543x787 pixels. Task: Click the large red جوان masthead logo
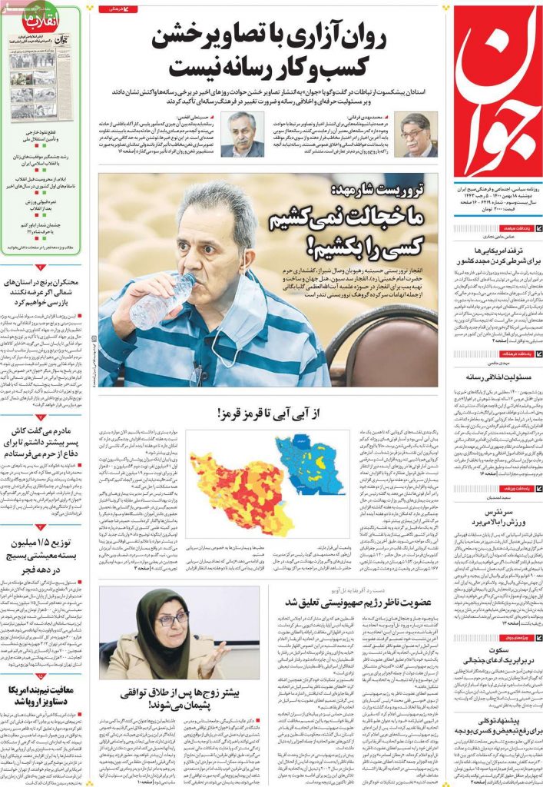coord(497,96)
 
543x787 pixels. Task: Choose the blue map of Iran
coord(310,466)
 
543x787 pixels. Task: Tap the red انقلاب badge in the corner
coord(26,20)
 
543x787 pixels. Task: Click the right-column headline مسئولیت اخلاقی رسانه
coord(497,377)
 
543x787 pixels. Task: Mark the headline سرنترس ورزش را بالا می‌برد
coord(497,517)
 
